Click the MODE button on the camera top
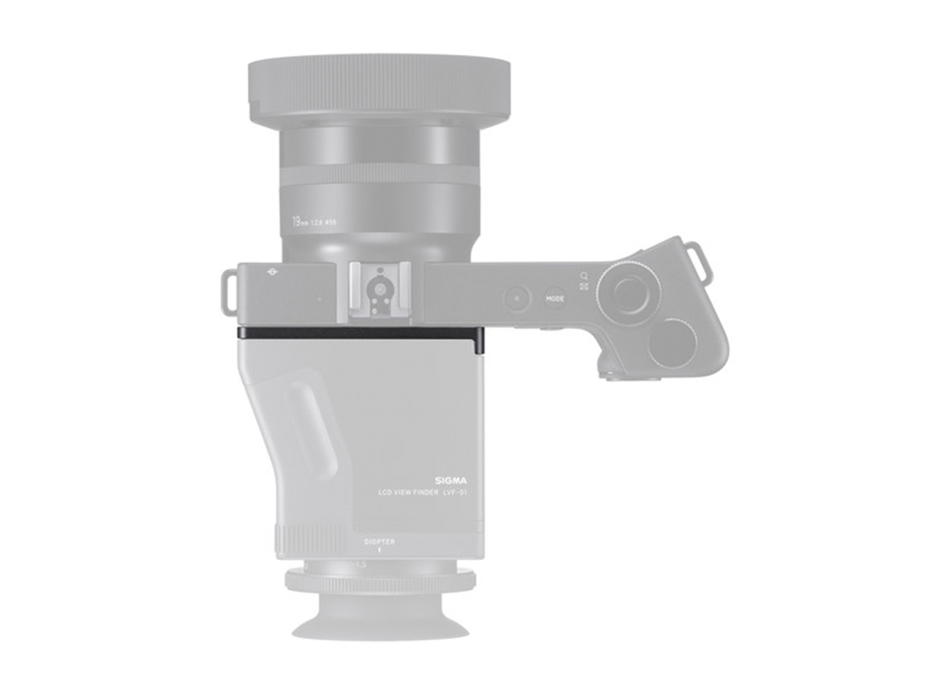[555, 299]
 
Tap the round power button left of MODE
[515, 299]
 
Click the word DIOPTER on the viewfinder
[379, 542]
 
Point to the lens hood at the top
[379, 83]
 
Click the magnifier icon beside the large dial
[585, 276]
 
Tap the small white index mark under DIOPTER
[379, 552]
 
